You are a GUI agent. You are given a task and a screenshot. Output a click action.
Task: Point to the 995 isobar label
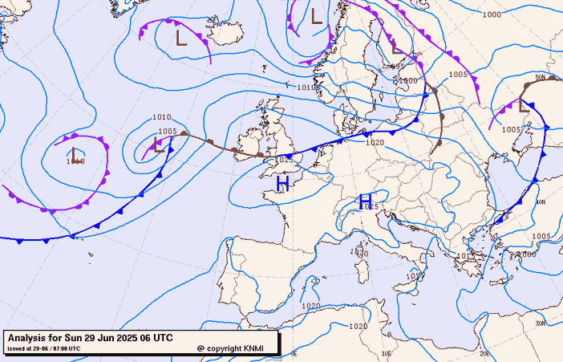click(x=397, y=66)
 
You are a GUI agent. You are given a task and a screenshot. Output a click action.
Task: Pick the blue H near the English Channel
click(x=282, y=185)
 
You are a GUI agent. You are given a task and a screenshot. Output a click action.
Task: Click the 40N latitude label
click(x=541, y=202)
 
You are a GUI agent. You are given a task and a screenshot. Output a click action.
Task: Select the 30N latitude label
click(x=541, y=323)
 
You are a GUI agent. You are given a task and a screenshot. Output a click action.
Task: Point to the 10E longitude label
click(x=387, y=352)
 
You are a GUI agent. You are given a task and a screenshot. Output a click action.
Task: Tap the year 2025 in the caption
click(x=115, y=338)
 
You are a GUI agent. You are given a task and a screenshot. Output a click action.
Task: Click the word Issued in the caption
click(x=15, y=348)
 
